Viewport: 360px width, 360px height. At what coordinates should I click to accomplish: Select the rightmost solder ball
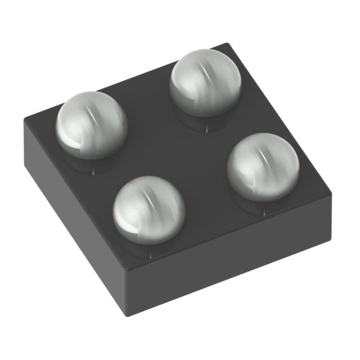click(x=263, y=167)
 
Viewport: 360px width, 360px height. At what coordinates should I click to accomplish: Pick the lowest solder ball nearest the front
click(x=149, y=210)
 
